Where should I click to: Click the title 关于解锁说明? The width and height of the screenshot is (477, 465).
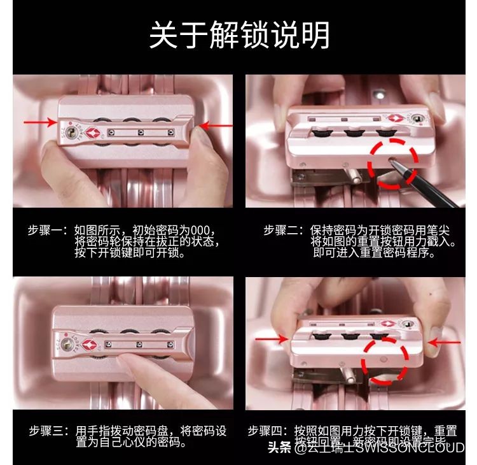[239, 36]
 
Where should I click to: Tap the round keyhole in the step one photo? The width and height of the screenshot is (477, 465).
[71, 132]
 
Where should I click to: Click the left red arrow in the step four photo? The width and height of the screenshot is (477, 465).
[270, 341]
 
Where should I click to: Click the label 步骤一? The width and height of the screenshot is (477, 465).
[45, 230]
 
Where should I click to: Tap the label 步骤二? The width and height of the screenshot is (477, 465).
[283, 230]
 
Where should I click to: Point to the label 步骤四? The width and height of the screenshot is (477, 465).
[266, 431]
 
